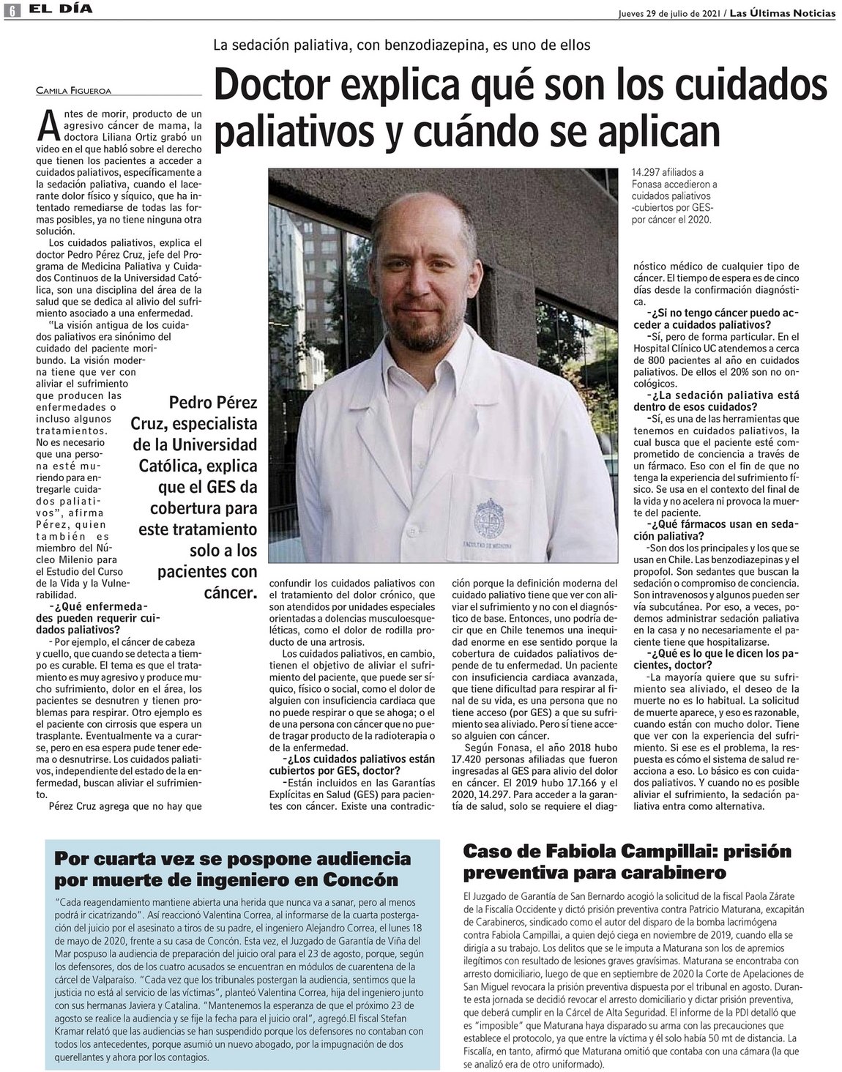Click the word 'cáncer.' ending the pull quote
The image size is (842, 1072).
pyautogui.click(x=231, y=591)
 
